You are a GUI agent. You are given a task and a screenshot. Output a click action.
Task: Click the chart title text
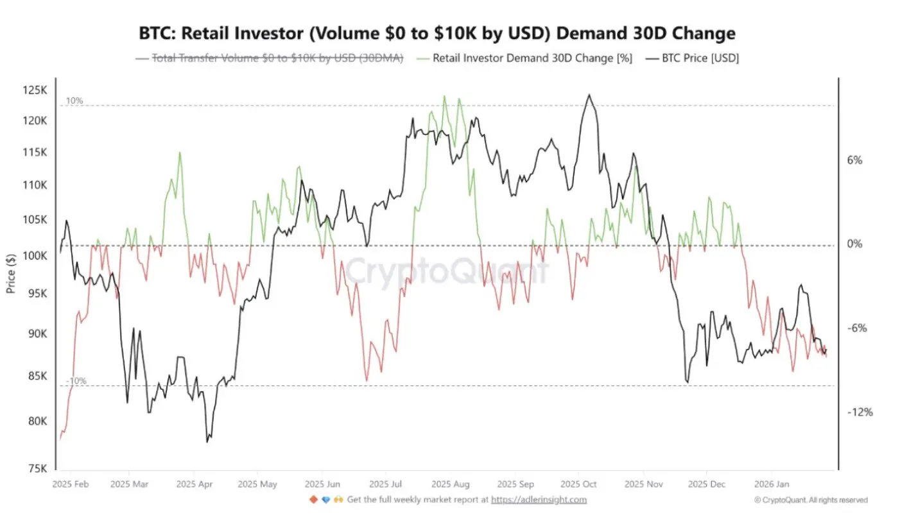click(x=437, y=33)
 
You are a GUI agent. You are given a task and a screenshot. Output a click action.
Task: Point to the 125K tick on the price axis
click(x=35, y=90)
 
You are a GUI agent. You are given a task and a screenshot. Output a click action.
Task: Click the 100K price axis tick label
click(x=35, y=256)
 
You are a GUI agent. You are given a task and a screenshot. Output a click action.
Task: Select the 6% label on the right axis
click(x=854, y=160)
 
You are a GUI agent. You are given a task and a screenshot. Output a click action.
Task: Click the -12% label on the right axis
click(x=860, y=412)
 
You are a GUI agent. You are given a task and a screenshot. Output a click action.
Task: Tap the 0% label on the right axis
click(x=854, y=244)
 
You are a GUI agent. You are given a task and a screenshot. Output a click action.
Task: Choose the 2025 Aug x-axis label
click(x=451, y=484)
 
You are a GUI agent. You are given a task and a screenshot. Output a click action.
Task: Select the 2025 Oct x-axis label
click(x=579, y=484)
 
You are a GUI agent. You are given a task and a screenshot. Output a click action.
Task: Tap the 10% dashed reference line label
click(x=74, y=101)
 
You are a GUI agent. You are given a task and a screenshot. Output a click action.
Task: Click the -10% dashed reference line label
click(x=76, y=381)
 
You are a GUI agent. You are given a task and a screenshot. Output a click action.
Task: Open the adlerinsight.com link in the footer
click(x=539, y=500)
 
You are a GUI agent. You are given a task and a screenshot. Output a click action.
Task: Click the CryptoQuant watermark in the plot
click(x=447, y=271)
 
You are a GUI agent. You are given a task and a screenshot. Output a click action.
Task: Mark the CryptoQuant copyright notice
click(x=811, y=500)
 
